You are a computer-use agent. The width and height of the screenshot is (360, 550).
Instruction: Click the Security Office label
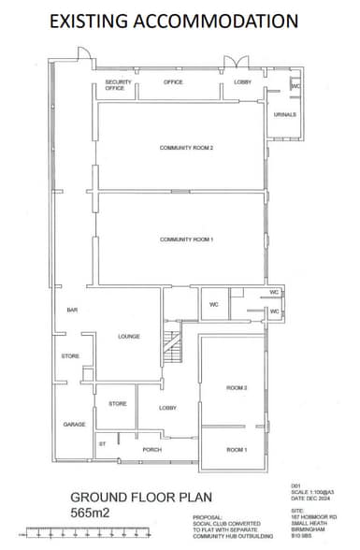click(118, 85)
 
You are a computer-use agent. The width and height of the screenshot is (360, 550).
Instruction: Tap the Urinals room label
click(285, 114)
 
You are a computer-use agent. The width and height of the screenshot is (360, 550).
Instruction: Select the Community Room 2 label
click(187, 148)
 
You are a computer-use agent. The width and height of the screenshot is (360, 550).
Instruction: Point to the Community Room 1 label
click(187, 239)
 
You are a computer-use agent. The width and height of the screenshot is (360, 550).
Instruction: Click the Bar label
click(71, 310)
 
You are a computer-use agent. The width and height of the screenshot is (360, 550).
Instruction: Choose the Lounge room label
click(129, 337)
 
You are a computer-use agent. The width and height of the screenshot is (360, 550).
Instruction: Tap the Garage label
click(74, 424)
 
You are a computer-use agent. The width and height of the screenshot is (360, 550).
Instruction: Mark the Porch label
click(151, 450)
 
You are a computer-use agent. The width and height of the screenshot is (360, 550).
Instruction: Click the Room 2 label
click(236, 387)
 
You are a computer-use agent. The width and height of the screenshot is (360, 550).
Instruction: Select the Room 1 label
click(236, 450)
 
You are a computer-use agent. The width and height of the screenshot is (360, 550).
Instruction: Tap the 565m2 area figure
click(91, 513)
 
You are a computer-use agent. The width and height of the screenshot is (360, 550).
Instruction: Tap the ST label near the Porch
click(102, 443)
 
